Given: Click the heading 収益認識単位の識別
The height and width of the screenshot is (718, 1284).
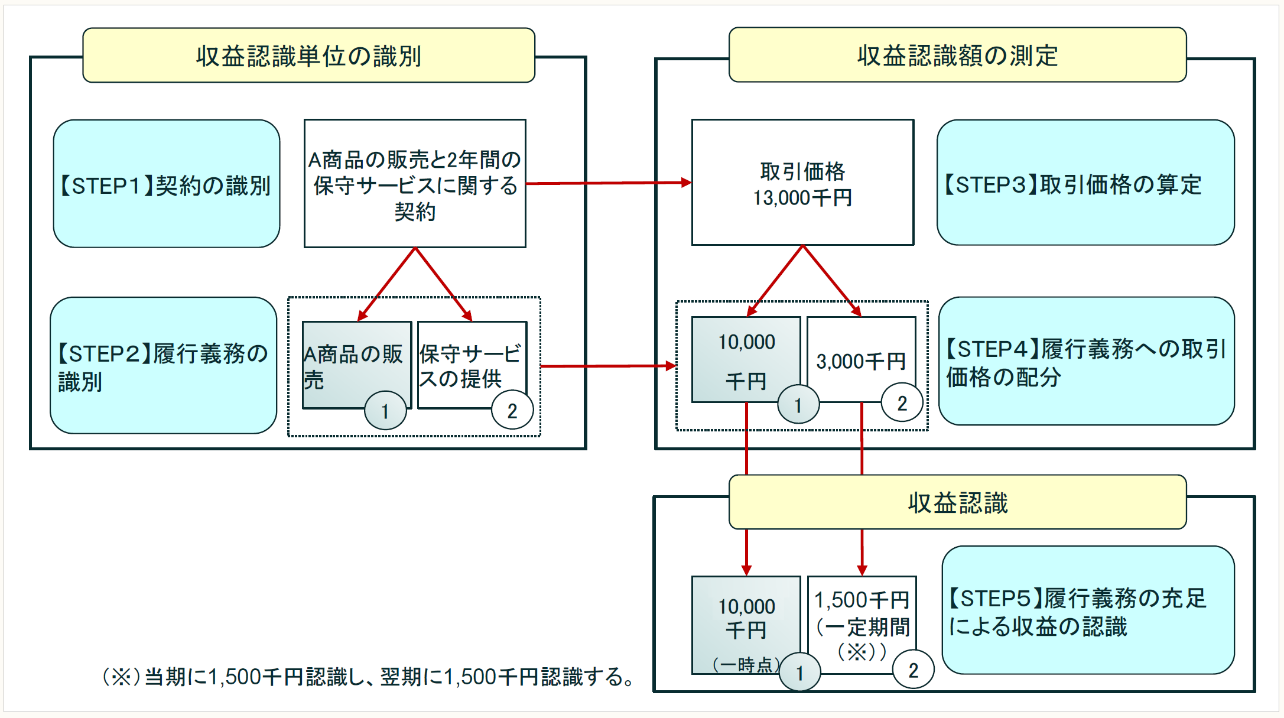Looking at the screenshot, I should point(308,56).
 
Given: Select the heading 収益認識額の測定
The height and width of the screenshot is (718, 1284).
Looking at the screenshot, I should point(957,55).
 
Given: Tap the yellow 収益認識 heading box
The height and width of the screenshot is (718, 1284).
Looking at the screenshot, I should point(957,502).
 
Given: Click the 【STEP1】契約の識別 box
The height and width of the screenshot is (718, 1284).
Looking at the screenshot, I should point(166,184).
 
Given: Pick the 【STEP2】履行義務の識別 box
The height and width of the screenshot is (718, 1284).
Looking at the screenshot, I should point(163,366).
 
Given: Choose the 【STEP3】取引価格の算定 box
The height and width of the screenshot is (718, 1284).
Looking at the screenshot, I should point(1085,183).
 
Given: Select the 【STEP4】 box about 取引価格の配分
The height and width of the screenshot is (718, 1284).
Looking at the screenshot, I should point(1086,362).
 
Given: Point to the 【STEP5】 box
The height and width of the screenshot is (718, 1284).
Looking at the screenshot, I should point(1087,610).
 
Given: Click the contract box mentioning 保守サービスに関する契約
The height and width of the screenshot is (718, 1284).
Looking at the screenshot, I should point(415,184).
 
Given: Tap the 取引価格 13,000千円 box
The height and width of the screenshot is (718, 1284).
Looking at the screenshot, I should point(802,183).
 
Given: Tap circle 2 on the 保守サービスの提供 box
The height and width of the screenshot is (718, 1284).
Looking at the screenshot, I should point(512,411).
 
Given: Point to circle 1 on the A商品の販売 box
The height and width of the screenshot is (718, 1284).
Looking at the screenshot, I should point(385,411).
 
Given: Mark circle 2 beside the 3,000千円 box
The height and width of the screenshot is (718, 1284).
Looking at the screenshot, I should point(902,403).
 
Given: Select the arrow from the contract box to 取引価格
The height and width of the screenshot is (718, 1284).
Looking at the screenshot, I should point(609,183).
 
